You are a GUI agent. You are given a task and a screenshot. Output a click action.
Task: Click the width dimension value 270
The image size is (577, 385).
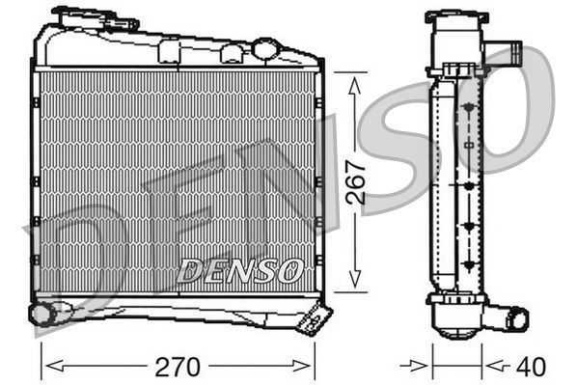(180, 367)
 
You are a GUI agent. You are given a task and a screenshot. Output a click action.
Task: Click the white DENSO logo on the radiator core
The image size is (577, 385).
(241, 269)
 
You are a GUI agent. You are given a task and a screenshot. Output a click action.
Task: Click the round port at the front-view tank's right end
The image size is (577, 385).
(266, 49)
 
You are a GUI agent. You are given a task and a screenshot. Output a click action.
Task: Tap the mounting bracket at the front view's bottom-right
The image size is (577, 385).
(314, 318)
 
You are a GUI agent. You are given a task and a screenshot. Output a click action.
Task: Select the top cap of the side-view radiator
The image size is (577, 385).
(454, 20)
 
